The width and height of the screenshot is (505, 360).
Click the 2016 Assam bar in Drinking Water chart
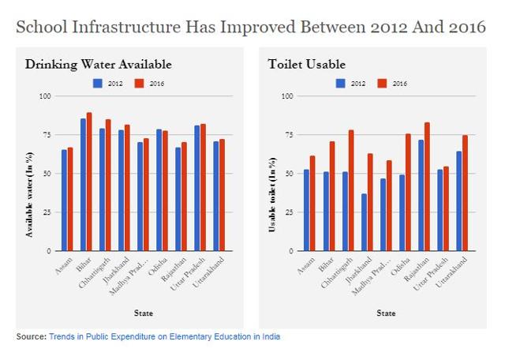tap(70, 199)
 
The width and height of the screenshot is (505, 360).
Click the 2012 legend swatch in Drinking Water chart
tap(98, 82)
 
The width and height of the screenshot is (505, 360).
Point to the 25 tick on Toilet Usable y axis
tap(287, 212)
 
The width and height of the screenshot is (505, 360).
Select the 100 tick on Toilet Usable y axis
tap(286, 96)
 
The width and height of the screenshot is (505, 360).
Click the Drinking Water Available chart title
tap(98, 64)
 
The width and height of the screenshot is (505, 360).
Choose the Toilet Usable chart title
tap(306, 64)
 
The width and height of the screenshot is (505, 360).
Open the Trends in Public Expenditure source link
tap(164, 337)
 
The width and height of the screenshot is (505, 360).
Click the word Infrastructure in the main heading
tap(144, 28)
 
